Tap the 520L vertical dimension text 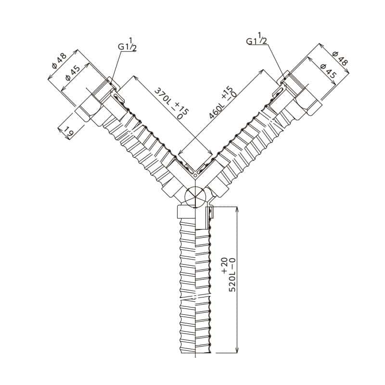[232, 274]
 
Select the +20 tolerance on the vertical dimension [225, 265]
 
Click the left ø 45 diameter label [73, 74]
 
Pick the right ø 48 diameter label [340, 58]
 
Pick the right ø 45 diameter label [328, 71]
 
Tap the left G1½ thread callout [127, 44]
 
